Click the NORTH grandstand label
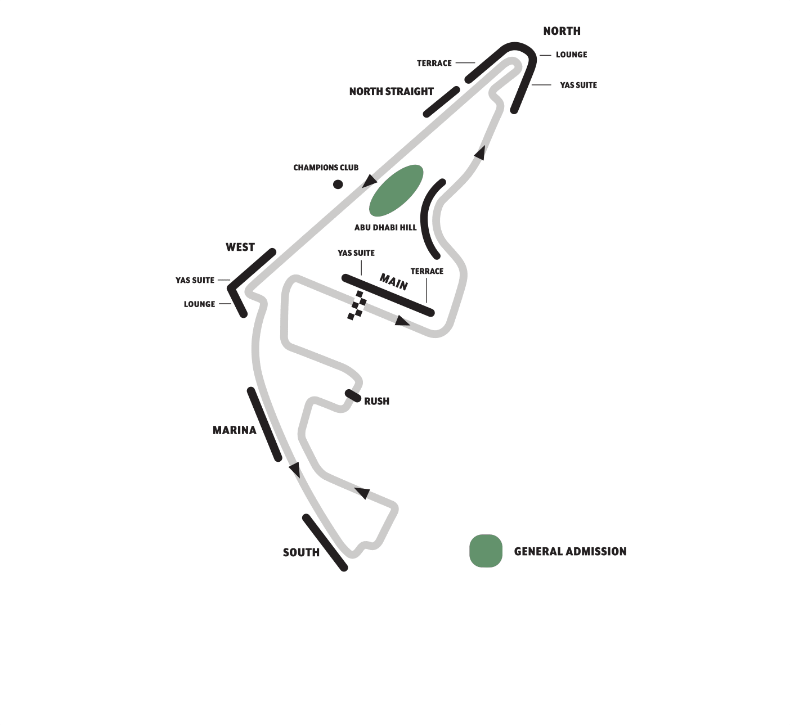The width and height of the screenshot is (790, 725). coord(562,31)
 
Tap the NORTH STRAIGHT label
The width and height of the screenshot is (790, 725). coord(391,91)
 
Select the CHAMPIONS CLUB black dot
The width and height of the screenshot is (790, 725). coord(338,184)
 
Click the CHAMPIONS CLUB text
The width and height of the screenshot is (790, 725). coord(326,168)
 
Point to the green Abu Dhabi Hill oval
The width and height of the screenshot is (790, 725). coord(396,190)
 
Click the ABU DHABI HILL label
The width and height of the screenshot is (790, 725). coord(385,227)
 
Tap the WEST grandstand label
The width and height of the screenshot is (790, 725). coord(240,247)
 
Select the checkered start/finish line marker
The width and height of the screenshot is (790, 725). coord(357,305)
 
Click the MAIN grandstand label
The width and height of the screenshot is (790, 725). coord(393,281)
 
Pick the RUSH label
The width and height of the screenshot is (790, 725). coord(376,401)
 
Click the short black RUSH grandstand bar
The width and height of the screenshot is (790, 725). coord(353,395)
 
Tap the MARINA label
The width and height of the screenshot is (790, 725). coord(234,430)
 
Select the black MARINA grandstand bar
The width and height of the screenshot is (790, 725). coord(264,424)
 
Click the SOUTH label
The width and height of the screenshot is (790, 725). coord(301,552)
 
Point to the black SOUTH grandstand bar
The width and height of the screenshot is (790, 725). coord(325,542)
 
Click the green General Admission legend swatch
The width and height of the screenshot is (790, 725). coord(486,551)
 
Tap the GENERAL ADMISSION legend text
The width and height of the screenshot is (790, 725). coord(570,551)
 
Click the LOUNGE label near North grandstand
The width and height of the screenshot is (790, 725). coord(571,55)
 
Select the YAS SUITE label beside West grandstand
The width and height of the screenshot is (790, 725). coord(195,280)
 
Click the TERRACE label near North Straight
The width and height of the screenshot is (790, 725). coord(434,63)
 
